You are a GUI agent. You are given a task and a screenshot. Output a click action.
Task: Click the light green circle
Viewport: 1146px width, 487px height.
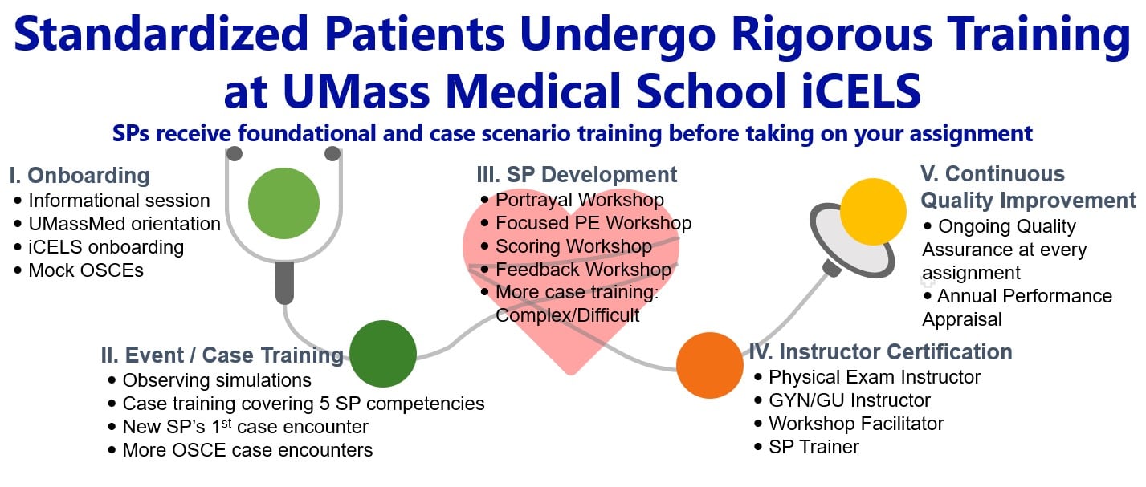(x=284, y=204)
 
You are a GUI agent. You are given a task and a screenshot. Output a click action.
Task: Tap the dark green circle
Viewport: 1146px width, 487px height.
(x=383, y=354)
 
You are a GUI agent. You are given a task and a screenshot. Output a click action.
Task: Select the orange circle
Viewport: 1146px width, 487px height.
(x=710, y=365)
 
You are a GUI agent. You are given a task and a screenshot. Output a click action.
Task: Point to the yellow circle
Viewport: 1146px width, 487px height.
(x=873, y=212)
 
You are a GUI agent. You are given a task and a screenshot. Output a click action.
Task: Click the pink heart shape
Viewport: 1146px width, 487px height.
(x=571, y=286)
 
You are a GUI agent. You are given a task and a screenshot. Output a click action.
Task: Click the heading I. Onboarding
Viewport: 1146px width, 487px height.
(x=80, y=175)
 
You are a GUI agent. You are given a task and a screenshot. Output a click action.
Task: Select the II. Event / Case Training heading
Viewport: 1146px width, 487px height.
(x=222, y=355)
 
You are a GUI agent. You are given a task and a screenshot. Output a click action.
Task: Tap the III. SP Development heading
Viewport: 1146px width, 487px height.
(x=577, y=175)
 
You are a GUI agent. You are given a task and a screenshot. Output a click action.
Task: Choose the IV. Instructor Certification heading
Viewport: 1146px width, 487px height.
(x=880, y=352)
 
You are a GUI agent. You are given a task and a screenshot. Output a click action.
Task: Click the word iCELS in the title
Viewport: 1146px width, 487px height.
(x=861, y=91)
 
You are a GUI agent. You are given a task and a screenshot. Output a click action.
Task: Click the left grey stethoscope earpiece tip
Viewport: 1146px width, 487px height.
(x=235, y=153)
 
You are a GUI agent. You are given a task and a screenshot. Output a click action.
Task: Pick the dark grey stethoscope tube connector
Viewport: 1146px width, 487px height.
(x=284, y=282)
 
